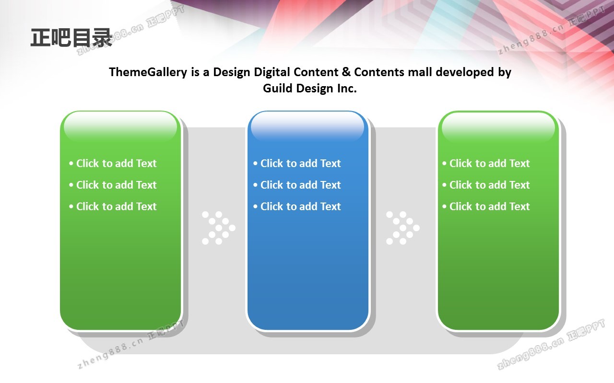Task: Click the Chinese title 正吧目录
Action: click(x=71, y=37)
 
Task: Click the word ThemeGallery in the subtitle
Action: click(x=148, y=72)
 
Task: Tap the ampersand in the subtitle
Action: click(x=346, y=72)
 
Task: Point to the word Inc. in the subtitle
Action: click(x=347, y=89)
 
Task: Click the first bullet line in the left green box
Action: click(x=113, y=163)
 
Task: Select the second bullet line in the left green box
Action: click(x=113, y=185)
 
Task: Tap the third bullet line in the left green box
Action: click(x=113, y=206)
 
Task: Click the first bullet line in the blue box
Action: click(x=297, y=163)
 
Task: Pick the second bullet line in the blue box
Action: click(x=297, y=185)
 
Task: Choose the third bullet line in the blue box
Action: click(x=297, y=206)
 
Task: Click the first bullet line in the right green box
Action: click(x=486, y=163)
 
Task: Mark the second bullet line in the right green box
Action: click(x=486, y=185)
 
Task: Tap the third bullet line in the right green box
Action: click(x=486, y=206)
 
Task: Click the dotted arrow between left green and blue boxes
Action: click(x=219, y=228)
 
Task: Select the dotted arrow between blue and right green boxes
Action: click(x=403, y=228)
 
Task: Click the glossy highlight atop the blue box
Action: click(x=307, y=127)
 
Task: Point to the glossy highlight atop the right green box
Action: click(x=498, y=127)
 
